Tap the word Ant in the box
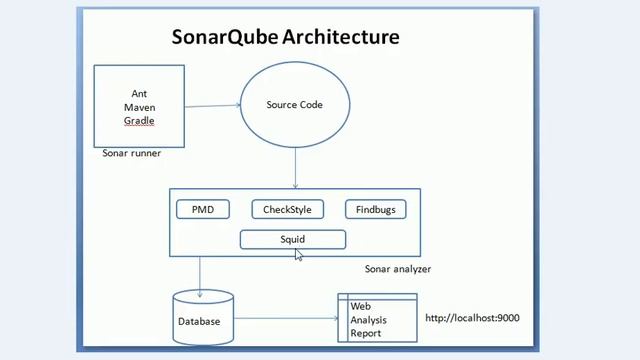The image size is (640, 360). [139, 93]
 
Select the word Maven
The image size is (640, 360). [139, 107]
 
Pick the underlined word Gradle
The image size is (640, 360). [139, 121]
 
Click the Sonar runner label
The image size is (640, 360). [131, 154]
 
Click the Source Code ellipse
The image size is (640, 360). [294, 104]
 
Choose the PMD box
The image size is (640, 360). [203, 209]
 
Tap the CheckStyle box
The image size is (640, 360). [287, 209]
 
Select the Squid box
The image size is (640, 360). [293, 239]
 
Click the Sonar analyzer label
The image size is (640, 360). [398, 269]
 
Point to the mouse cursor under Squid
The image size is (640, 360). [299, 255]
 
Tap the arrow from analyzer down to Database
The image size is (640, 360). [200, 272]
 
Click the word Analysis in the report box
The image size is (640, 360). [368, 320]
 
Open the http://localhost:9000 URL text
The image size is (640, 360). [472, 318]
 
